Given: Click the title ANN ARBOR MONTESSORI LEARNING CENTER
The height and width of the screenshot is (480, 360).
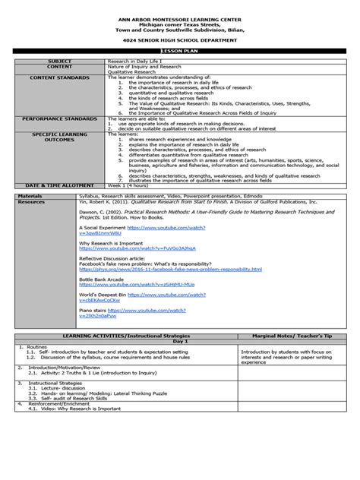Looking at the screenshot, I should [180, 7].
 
